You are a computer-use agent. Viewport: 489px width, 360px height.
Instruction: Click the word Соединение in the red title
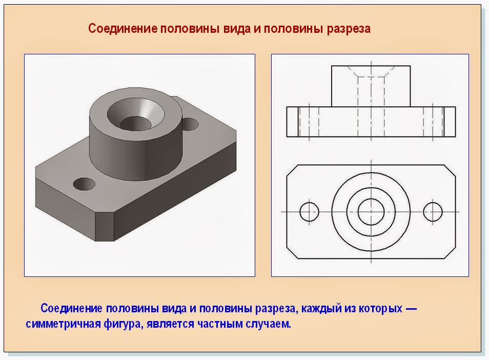(x=123, y=29)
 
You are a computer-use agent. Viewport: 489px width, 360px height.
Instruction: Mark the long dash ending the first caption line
(x=411, y=309)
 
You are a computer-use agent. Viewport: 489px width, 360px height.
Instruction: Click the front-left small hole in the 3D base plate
(x=84, y=184)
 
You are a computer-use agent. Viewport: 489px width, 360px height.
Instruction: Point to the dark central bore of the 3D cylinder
(x=136, y=124)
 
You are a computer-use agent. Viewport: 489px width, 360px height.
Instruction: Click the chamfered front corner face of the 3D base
(x=105, y=227)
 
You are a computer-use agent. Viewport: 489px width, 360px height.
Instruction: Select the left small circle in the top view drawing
(x=310, y=211)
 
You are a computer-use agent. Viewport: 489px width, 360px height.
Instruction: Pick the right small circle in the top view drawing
(x=433, y=211)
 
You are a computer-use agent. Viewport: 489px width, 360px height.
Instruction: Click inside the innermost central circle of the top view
(x=371, y=211)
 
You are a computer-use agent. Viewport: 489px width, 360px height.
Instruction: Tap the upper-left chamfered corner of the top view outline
(x=292, y=170)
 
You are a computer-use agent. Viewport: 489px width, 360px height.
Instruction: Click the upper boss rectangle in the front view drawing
(x=371, y=86)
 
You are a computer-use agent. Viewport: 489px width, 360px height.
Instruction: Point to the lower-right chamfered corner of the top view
(x=450, y=253)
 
